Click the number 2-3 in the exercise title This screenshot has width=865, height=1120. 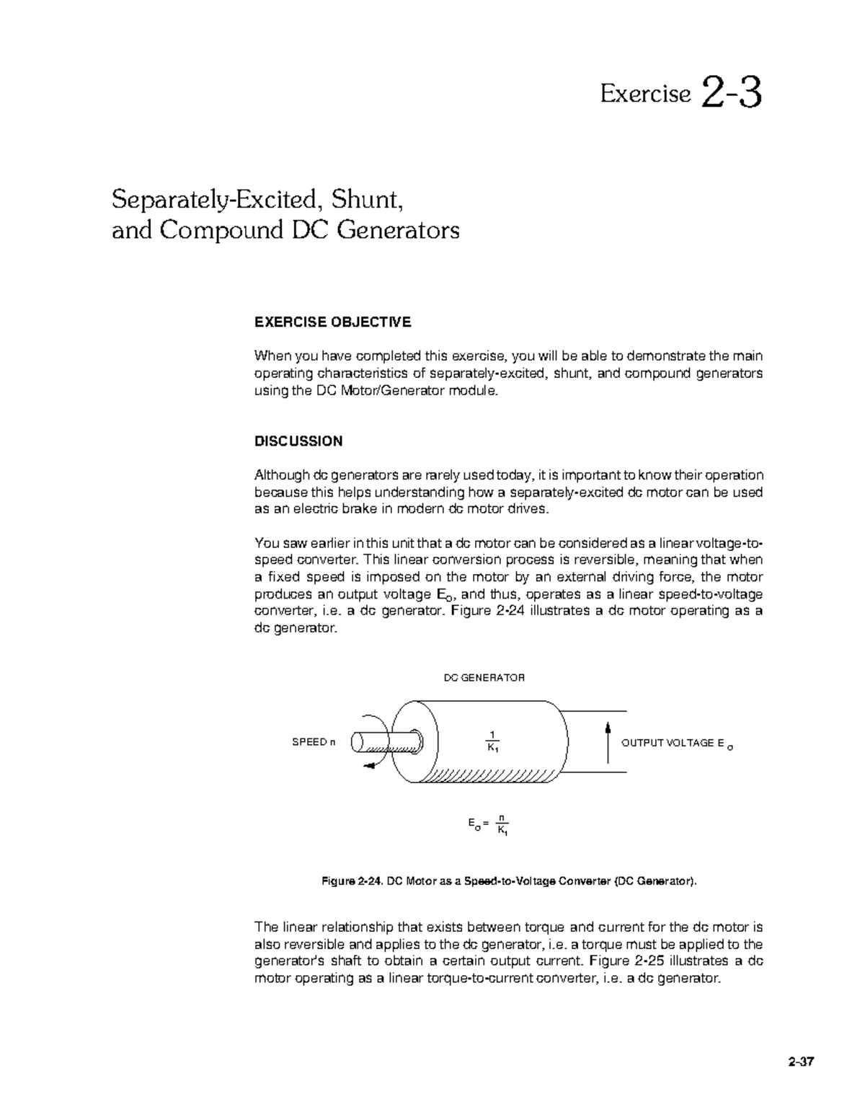pyautogui.click(x=730, y=94)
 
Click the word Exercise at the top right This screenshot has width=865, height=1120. pyautogui.click(x=645, y=94)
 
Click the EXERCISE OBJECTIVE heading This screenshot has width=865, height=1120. pyautogui.click(x=333, y=322)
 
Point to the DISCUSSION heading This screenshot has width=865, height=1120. pyautogui.click(x=298, y=441)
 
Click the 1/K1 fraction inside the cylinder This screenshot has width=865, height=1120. pyautogui.click(x=493, y=741)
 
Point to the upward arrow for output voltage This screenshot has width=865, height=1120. pyautogui.click(x=608, y=741)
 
